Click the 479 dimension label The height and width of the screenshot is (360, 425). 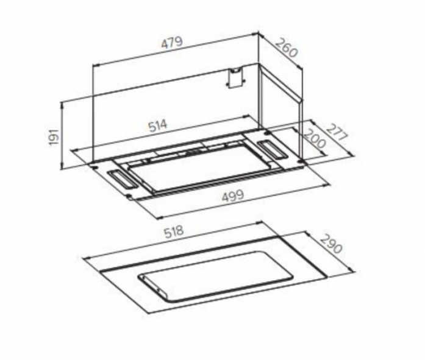click(173, 43)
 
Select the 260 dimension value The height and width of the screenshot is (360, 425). click(287, 48)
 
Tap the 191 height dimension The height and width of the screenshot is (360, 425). click(54, 136)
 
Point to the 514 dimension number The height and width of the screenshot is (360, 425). click(158, 125)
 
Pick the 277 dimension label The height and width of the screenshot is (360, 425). click(336, 132)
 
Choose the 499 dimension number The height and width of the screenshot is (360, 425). click(233, 196)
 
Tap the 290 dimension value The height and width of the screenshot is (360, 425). click(331, 243)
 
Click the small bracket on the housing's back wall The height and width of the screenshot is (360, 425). click(235, 78)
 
